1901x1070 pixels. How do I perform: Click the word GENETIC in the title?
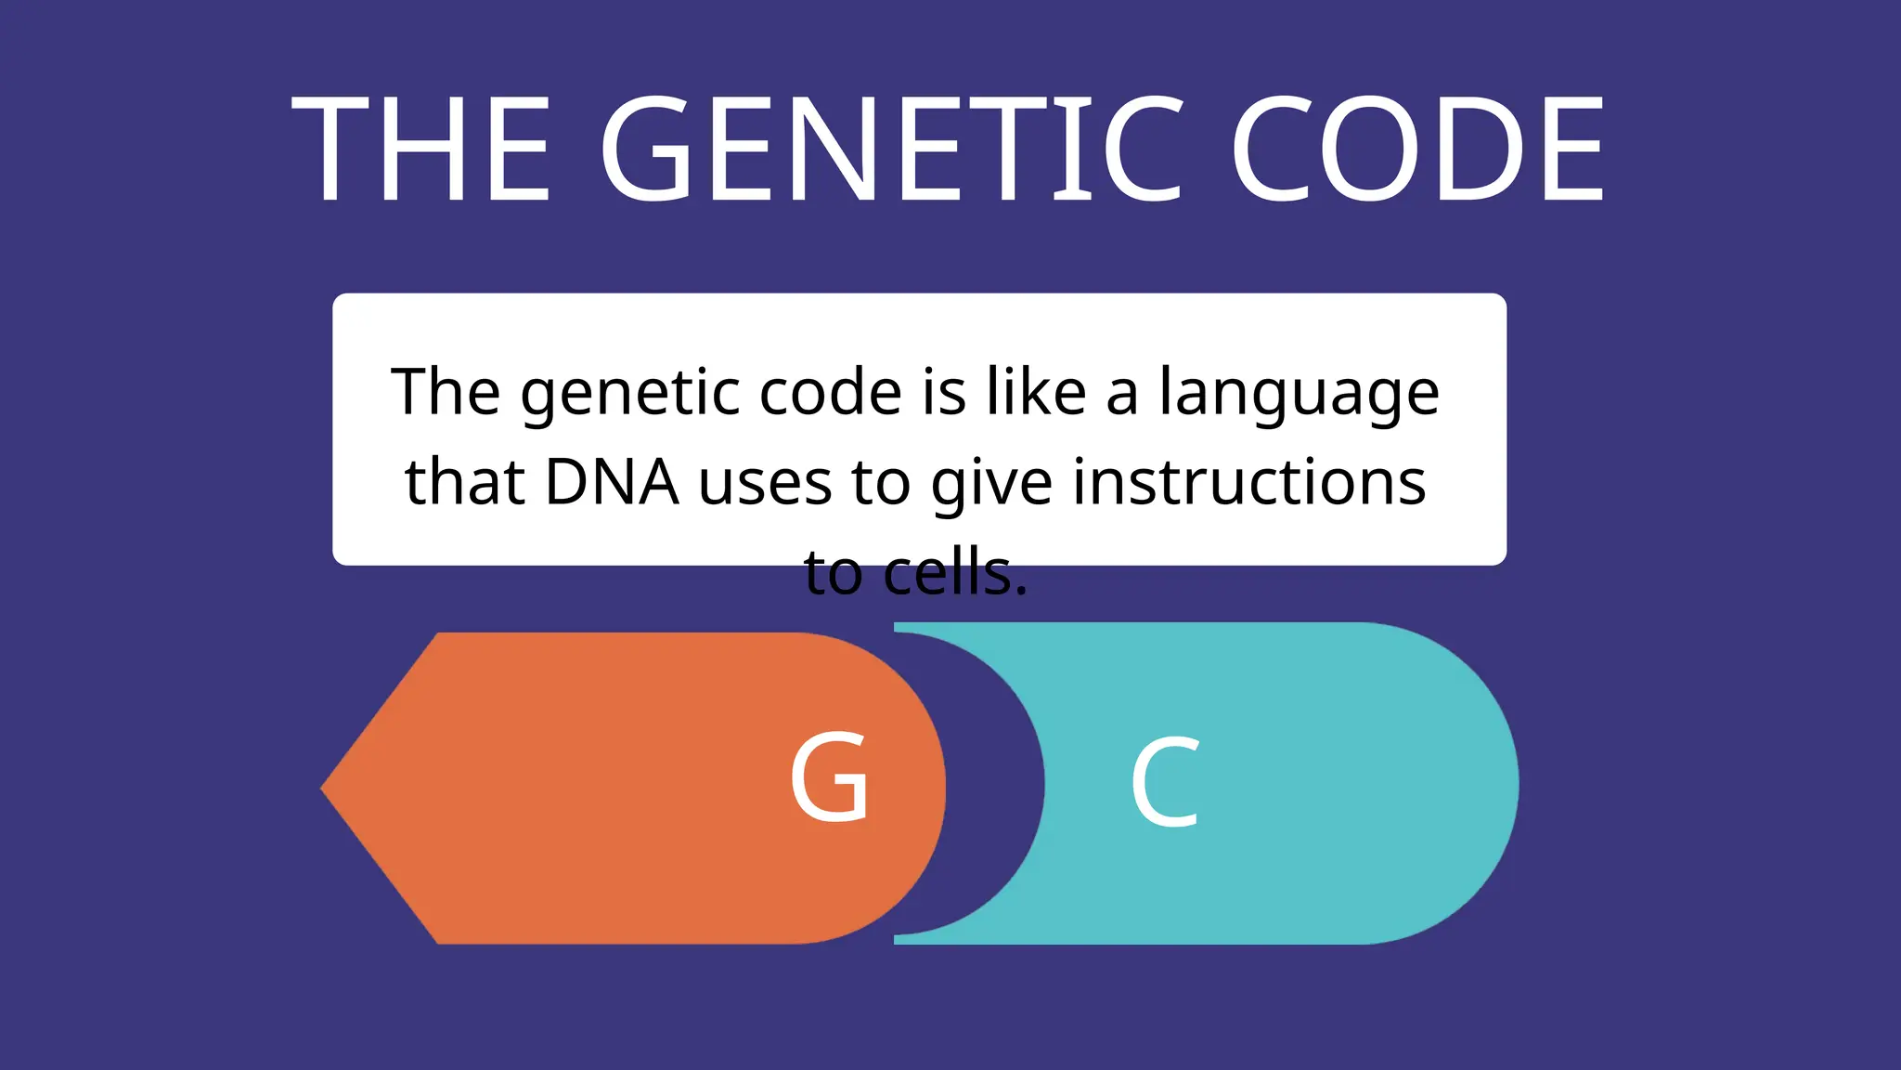tap(892, 150)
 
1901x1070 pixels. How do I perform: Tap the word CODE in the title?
tap(1417, 150)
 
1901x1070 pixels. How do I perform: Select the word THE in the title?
tap(421, 150)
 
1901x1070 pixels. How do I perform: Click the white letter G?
tap(830, 777)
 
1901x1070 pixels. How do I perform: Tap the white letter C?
tap(1166, 782)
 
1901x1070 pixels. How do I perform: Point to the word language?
tap(1299, 393)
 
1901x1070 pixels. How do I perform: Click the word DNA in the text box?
tap(612, 482)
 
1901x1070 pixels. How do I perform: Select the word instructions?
tap(1249, 482)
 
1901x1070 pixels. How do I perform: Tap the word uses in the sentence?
tap(765, 484)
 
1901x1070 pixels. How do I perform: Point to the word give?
tap(991, 484)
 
